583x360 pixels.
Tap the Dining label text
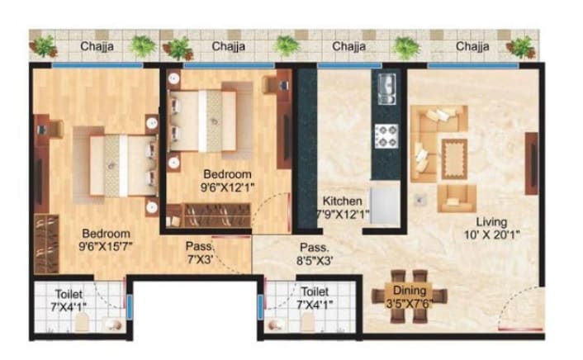410,290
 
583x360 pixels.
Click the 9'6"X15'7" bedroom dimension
104,245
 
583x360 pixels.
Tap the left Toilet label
69,292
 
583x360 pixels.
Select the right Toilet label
314,292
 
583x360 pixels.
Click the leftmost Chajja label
97,46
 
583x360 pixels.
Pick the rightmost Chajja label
472,46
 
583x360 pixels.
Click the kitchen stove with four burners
386,135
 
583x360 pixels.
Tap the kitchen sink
386,88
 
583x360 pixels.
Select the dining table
410,294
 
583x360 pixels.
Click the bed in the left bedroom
120,162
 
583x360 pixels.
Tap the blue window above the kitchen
348,64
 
